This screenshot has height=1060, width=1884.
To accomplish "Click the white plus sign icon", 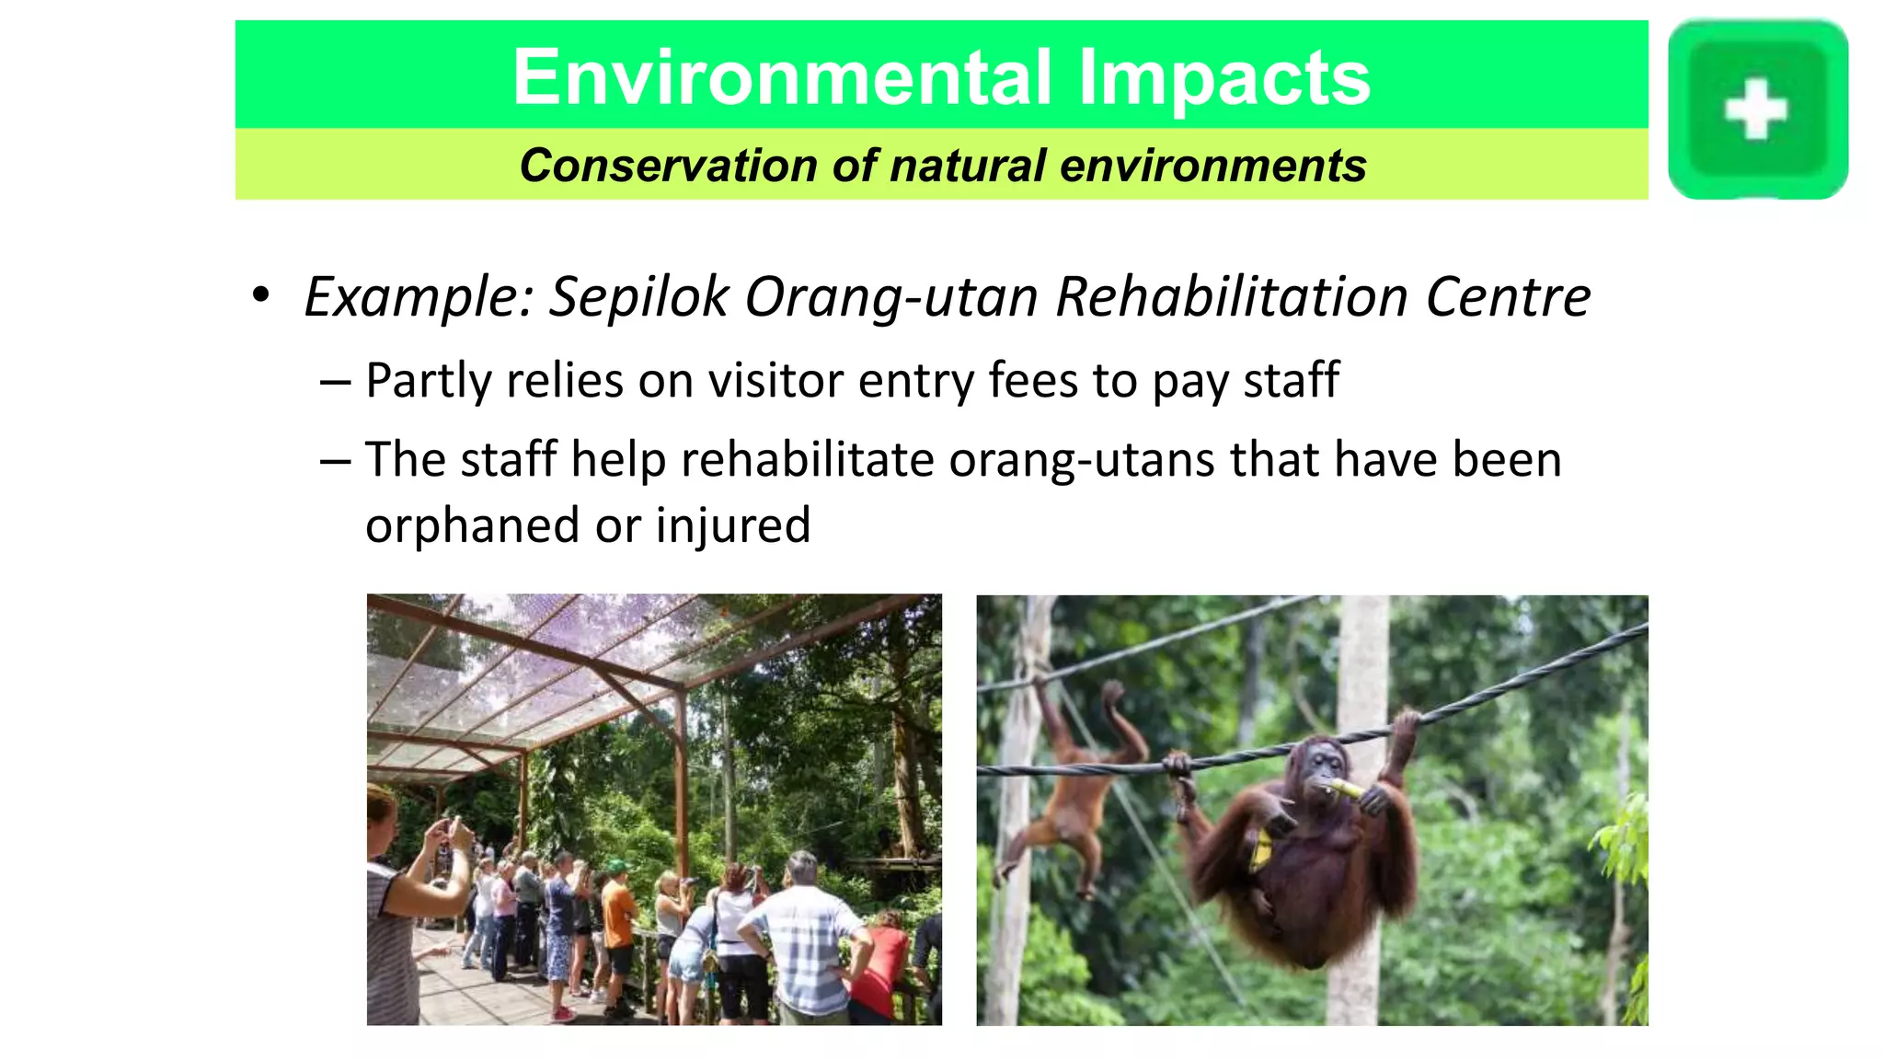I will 1755,109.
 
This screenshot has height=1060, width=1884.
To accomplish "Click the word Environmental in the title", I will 781,77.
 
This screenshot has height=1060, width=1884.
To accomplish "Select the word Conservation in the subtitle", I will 667,167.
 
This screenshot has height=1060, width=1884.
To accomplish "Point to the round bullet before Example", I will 261,295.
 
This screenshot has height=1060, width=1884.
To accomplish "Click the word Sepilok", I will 638,297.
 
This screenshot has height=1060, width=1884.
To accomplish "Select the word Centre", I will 1508,297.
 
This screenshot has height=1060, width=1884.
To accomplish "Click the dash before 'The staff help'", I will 335,459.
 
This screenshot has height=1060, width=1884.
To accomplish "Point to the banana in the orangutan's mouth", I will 1344,788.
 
